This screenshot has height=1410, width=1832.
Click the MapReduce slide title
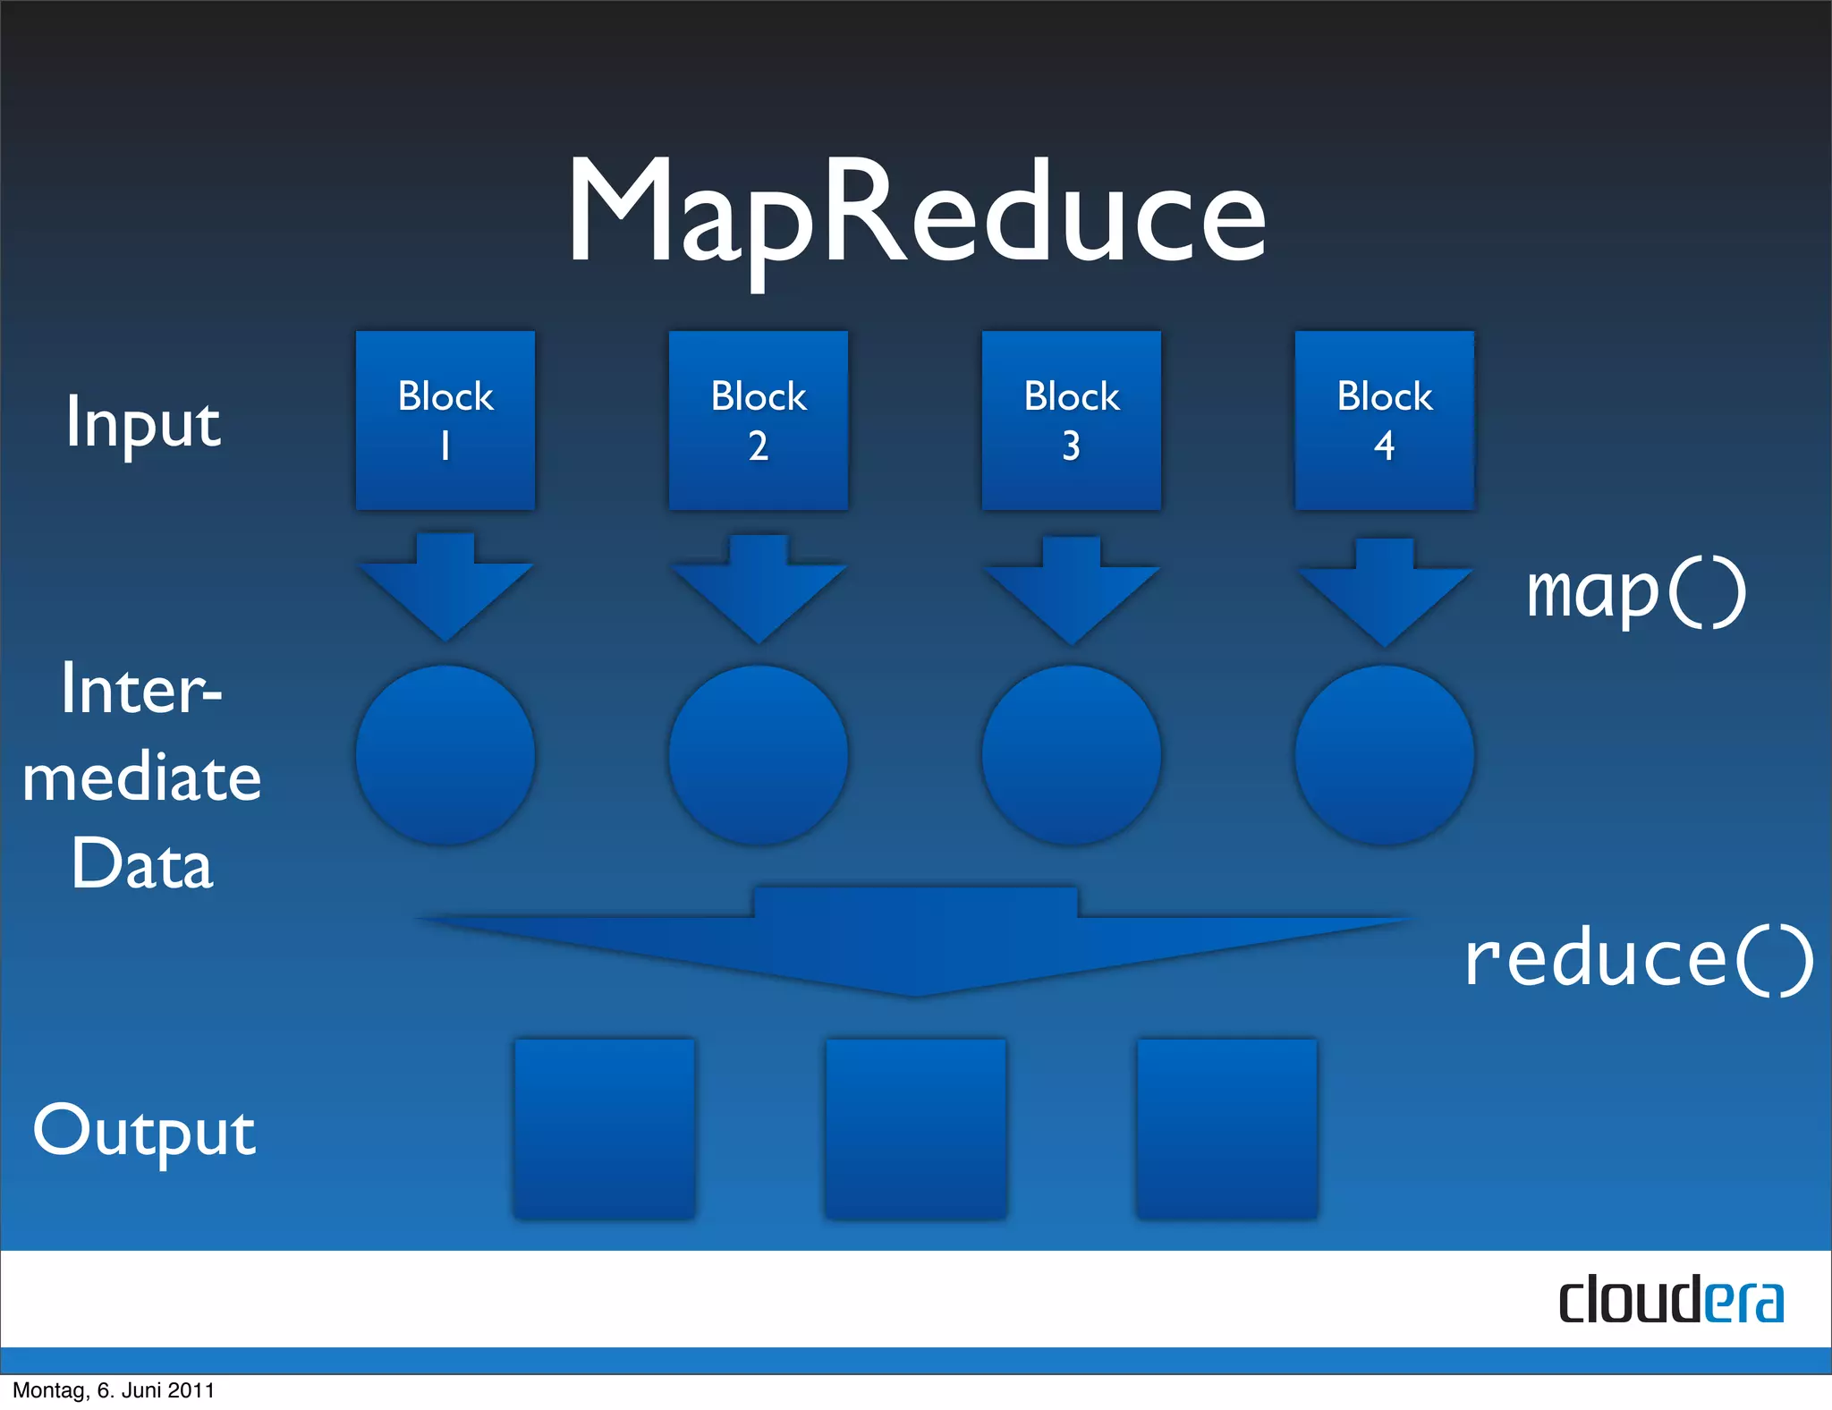pos(916,215)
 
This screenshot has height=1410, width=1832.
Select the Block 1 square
pos(445,420)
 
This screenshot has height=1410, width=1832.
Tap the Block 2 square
pos(759,420)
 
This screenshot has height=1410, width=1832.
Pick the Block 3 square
pos(1072,420)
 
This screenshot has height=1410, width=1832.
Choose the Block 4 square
pos(1385,420)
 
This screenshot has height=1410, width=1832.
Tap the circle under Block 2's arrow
pos(759,755)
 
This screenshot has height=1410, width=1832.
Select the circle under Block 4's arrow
pos(1385,755)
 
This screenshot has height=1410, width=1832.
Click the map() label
pos(1635,592)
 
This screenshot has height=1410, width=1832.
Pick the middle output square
pos(916,1128)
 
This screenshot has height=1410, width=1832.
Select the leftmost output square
pos(605,1128)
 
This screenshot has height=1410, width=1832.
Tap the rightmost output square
pos(1226,1128)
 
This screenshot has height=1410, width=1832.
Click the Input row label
pos(143,423)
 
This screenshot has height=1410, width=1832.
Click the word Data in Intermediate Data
pos(142,863)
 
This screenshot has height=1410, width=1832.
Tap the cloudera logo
pos(1671,1300)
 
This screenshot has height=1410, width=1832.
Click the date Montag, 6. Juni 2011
pos(114,1390)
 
